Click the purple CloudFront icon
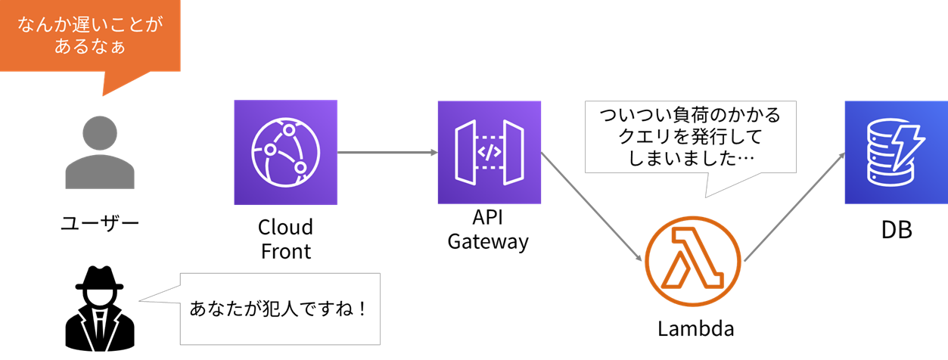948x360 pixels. [285, 152]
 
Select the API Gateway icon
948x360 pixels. [490, 152]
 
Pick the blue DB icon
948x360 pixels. [896, 152]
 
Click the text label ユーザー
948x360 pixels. [100, 223]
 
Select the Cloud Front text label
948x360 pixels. [285, 239]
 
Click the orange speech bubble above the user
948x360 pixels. [90, 36]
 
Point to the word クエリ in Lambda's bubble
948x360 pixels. [645, 138]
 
